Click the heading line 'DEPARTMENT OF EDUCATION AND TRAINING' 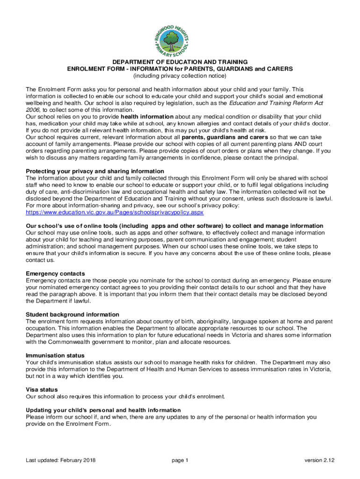(x=180, y=62)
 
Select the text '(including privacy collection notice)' (x=180, y=76)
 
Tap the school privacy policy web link (x=115, y=212)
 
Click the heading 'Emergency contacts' (x=55, y=273)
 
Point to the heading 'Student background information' (x=72, y=314)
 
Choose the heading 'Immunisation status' (x=55, y=356)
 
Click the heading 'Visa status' (x=42, y=390)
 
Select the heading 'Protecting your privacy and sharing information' (x=95, y=171)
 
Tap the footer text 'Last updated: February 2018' (x=61, y=460)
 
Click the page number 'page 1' (x=180, y=460)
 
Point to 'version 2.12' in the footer (x=320, y=460)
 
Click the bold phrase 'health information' (x=147, y=116)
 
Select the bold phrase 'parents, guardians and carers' (x=225, y=137)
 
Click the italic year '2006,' (x=34, y=109)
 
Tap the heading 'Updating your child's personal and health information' (x=103, y=410)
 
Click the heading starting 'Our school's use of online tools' (x=174, y=226)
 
